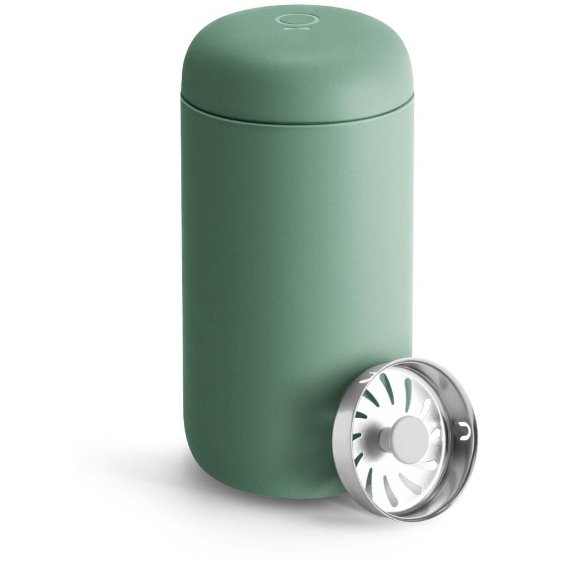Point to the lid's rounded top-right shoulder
400,47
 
